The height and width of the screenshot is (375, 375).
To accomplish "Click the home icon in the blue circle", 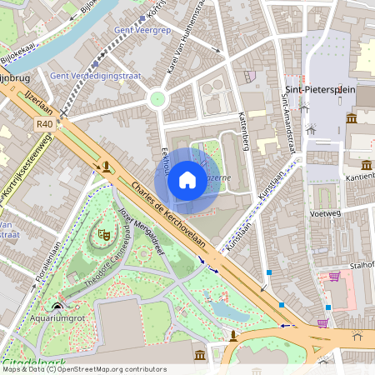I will click(x=187, y=180).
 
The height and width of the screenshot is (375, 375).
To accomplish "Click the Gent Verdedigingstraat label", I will click(x=93, y=76).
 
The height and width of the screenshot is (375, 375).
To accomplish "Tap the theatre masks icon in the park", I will click(x=104, y=236).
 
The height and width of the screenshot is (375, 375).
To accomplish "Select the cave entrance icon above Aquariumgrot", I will click(x=57, y=305).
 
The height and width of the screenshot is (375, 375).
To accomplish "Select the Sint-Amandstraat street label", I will click(x=289, y=123).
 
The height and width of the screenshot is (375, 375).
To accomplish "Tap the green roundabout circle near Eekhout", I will click(x=157, y=99).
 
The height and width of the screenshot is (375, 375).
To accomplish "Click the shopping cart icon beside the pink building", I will click(x=334, y=277).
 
